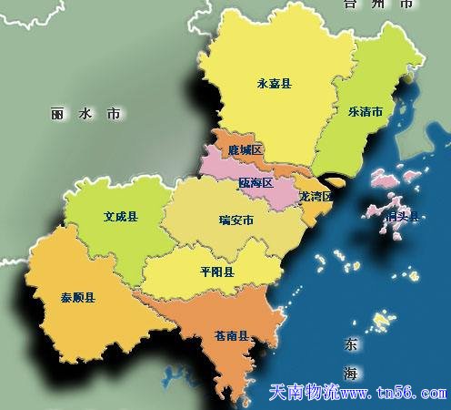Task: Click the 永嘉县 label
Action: [x=275, y=84]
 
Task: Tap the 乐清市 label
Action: [x=365, y=111]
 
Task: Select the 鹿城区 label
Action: [x=246, y=149]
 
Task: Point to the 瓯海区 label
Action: [x=256, y=182]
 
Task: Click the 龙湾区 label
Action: [x=316, y=196]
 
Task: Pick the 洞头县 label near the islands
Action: [x=402, y=217]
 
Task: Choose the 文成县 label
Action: [x=120, y=217]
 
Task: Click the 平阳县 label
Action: [x=216, y=272]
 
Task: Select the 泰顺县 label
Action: [x=80, y=296]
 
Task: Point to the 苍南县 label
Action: [x=233, y=337]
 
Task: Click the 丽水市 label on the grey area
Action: [x=85, y=115]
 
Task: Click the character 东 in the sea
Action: [x=351, y=344]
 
